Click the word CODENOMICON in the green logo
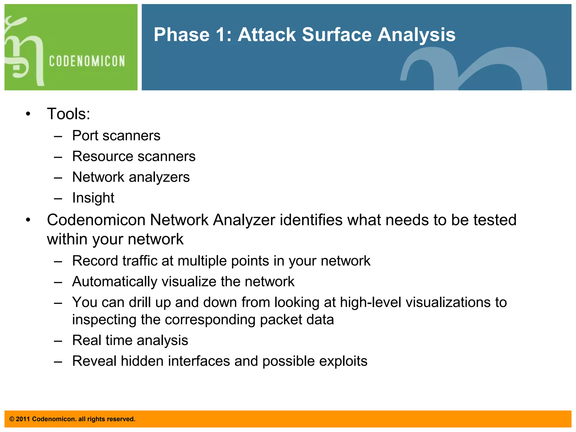87,61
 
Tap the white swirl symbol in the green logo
24,52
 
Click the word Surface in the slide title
336,35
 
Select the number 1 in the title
222,35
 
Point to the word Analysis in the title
416,35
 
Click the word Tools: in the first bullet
69,114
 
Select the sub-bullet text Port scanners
116,136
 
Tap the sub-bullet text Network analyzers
131,177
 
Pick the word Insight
93,198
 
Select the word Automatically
114,282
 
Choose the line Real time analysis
130,340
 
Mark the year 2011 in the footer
23,419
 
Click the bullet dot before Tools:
28,114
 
